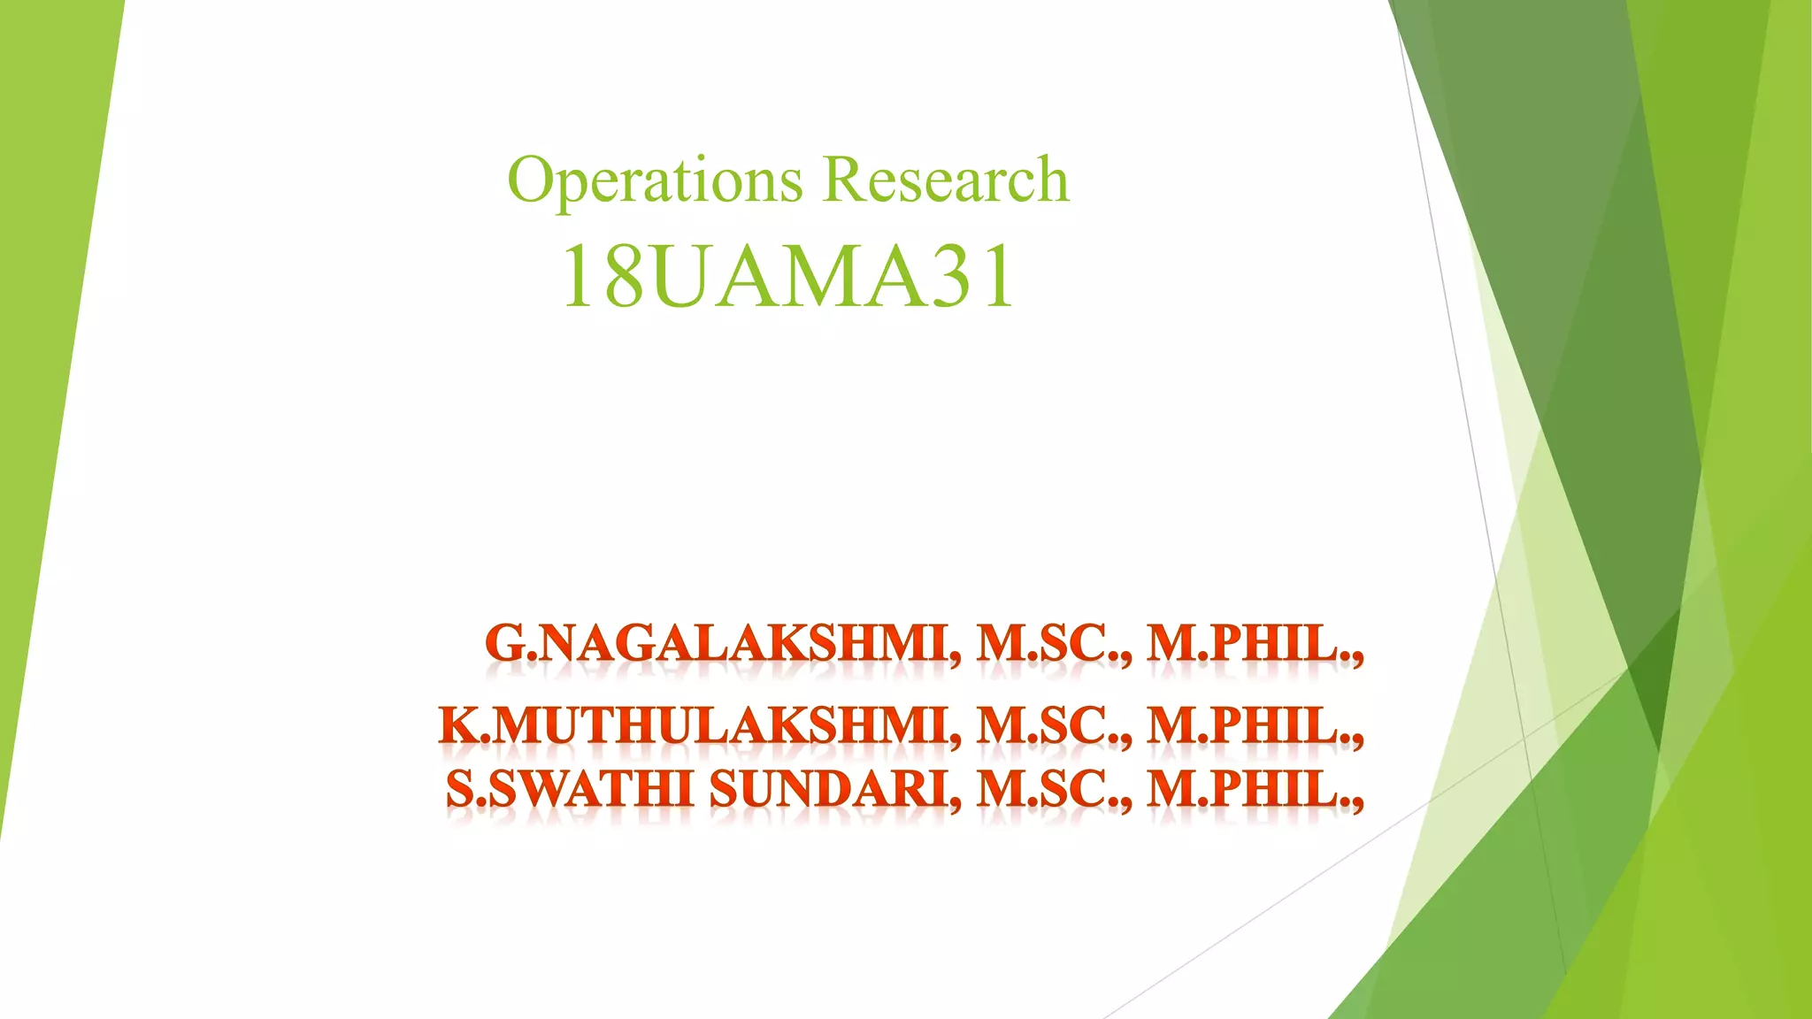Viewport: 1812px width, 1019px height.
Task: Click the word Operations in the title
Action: point(655,180)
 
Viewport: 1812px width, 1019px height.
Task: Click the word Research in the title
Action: point(946,180)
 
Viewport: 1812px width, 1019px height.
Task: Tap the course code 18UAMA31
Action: point(787,276)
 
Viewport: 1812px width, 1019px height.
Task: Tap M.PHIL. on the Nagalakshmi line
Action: point(1253,644)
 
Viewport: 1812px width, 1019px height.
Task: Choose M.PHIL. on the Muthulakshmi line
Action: point(1253,727)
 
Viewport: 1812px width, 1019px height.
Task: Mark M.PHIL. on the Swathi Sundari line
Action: point(1253,789)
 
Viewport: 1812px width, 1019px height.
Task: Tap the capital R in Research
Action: point(845,180)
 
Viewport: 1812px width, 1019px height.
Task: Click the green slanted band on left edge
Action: point(44,354)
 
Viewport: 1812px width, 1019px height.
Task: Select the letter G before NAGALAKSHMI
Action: point(505,644)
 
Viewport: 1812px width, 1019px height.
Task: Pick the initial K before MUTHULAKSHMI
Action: point(458,727)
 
